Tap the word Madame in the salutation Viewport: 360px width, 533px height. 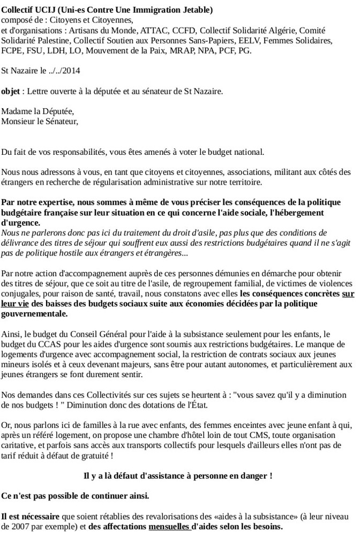click(x=16, y=111)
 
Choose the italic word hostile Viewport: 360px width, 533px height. click(x=72, y=253)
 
